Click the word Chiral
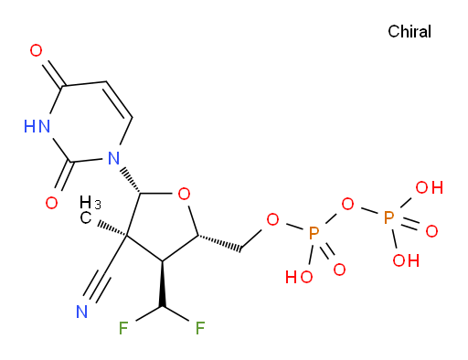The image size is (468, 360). (x=409, y=31)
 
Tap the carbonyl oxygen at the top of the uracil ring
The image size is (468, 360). (x=36, y=50)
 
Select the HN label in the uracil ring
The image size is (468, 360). (x=37, y=126)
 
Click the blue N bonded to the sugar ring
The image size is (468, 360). (x=113, y=158)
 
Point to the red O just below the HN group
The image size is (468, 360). (x=51, y=203)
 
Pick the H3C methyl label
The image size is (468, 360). (x=90, y=210)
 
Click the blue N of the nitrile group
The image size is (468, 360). (x=81, y=312)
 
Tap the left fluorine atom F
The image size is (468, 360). (x=123, y=328)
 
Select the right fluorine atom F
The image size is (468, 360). (x=200, y=328)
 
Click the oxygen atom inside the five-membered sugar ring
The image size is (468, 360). (x=184, y=194)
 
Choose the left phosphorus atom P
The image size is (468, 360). (x=314, y=233)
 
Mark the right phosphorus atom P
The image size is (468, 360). (x=388, y=218)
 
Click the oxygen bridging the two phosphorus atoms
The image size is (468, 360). (x=347, y=204)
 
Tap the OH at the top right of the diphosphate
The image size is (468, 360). (x=430, y=187)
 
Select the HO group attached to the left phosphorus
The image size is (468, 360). (x=299, y=277)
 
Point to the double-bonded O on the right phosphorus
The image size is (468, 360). (x=431, y=231)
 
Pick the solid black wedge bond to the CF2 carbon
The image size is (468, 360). (x=162, y=283)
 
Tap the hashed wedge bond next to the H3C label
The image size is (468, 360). (x=112, y=230)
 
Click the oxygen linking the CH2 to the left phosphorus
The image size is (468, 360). (x=272, y=219)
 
